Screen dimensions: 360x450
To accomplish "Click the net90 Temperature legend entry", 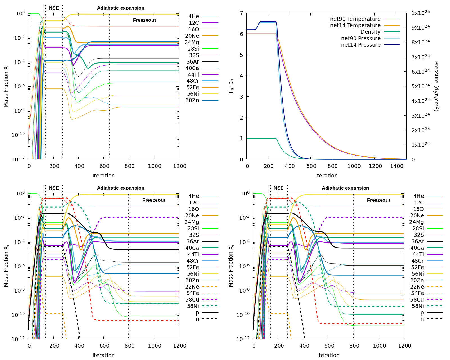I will (355, 19).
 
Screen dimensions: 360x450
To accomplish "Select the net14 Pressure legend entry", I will (361, 45).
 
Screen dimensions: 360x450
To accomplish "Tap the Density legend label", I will (370, 32).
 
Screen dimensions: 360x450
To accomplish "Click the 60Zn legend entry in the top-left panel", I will (192, 100).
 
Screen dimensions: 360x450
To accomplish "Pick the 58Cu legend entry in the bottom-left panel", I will (192, 300).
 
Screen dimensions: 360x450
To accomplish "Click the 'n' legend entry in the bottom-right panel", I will (422, 319).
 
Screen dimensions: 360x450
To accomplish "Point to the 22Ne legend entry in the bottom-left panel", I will (192, 287).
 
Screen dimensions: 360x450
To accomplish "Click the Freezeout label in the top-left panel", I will (144, 20).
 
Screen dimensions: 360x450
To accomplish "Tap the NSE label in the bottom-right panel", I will (278, 188).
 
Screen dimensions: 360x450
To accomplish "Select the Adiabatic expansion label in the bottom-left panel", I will (121, 188).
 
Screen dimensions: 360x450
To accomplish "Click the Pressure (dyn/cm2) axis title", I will (436, 86).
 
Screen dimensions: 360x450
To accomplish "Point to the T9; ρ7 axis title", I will (231, 86).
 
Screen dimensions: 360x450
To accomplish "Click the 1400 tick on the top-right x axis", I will (397, 166).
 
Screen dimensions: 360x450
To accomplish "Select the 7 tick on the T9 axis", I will (241, 13).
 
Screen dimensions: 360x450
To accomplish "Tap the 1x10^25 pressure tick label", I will (421, 13).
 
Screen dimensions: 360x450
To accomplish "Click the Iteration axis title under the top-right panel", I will (326, 176).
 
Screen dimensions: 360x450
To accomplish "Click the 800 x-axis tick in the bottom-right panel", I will (354, 346).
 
